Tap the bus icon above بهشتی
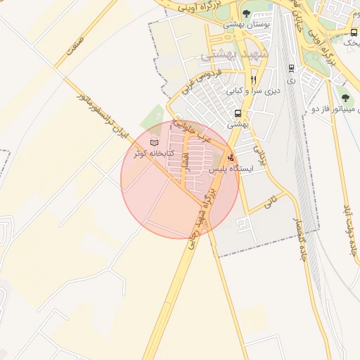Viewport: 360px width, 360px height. (x=238, y=113)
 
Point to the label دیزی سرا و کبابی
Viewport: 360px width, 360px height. (x=252, y=91)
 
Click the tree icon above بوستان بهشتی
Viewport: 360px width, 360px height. (x=245, y=13)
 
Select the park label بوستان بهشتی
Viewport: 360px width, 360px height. (x=243, y=24)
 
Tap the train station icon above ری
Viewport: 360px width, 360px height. (x=291, y=69)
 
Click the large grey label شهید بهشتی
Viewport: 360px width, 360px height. (x=229, y=54)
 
